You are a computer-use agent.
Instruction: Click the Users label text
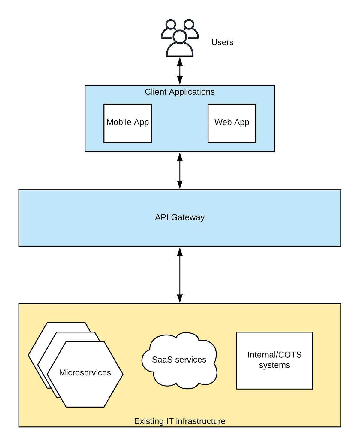222,42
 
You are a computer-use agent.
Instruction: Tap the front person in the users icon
180,45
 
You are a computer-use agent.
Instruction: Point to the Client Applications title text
180,92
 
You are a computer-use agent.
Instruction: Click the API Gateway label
180,217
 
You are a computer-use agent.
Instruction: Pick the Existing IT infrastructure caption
180,421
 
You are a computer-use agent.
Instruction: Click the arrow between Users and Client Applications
180,71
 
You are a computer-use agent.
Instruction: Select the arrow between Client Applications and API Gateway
180,171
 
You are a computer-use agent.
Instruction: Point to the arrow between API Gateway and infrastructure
180,275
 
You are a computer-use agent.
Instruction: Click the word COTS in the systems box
290,355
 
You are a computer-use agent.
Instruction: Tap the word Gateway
188,217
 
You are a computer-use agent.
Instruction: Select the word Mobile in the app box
119,122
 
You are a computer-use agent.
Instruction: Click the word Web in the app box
223,122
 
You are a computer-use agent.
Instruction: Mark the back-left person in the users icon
170,29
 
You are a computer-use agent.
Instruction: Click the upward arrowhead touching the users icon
180,62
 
